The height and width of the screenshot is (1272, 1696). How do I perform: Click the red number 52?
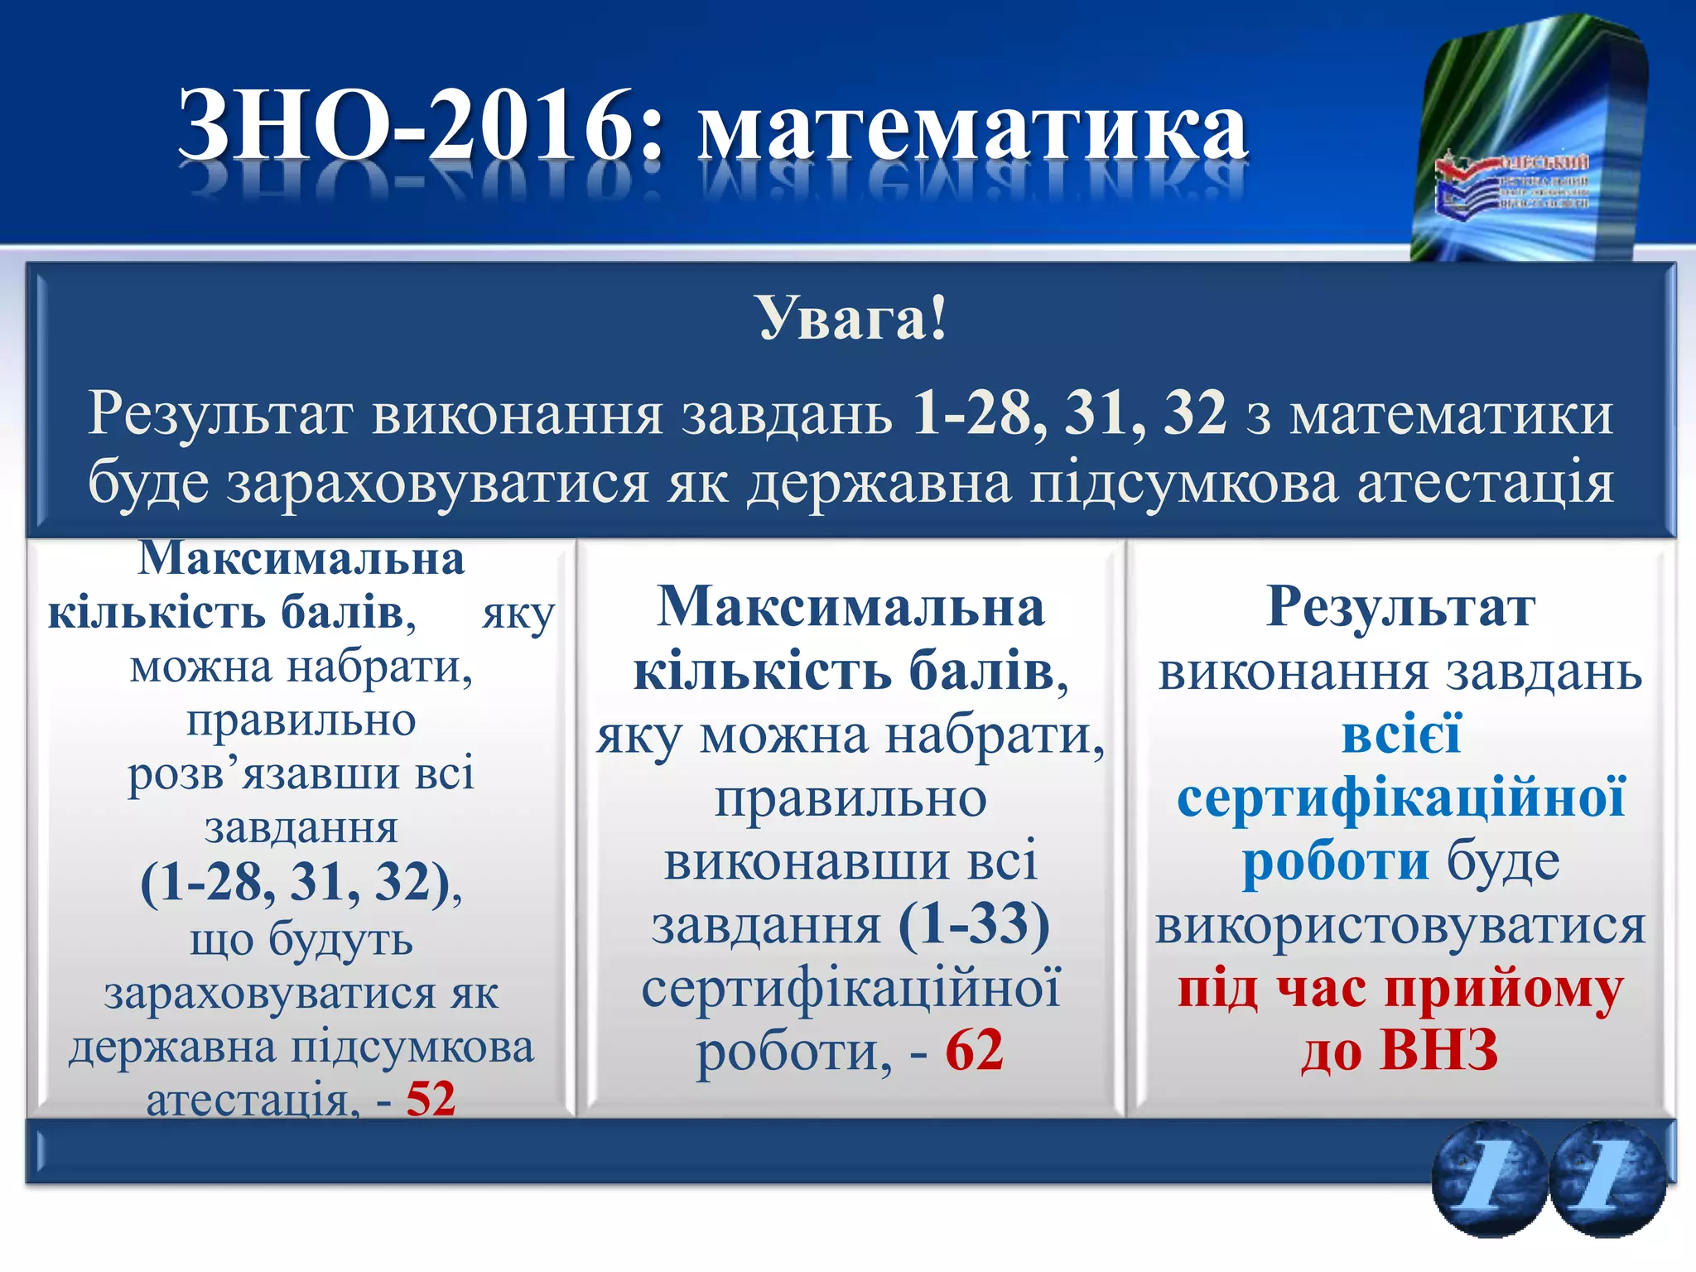[431, 1099]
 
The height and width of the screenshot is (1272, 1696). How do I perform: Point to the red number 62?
[974, 1050]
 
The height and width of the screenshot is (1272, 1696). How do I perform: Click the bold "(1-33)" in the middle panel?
[974, 923]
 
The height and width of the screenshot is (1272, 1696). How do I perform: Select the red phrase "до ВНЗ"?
[1400, 1050]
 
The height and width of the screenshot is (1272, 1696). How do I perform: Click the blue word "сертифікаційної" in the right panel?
[1400, 797]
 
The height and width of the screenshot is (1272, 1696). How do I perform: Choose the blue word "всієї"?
[1401, 735]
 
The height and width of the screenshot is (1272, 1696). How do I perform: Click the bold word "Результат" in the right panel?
[1400, 607]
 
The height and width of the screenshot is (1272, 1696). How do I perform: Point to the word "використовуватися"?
[1400, 925]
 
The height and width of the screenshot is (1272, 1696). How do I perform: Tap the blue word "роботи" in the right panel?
[1335, 861]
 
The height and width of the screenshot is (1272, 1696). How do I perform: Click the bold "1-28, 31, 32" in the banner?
[1068, 412]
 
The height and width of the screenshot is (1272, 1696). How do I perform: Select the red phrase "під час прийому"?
[1400, 988]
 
